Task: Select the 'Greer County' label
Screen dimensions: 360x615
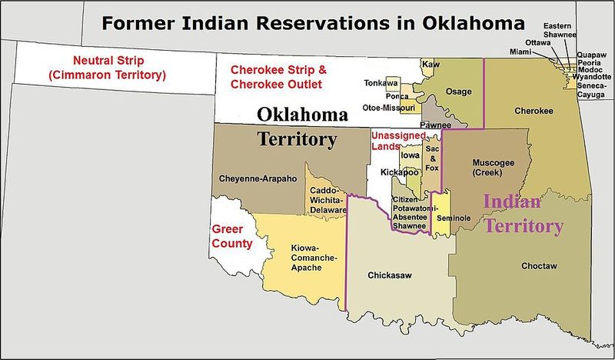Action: [x=232, y=237]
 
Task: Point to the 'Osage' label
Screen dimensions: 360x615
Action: [x=459, y=92]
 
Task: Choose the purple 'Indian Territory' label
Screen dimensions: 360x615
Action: [x=523, y=215]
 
